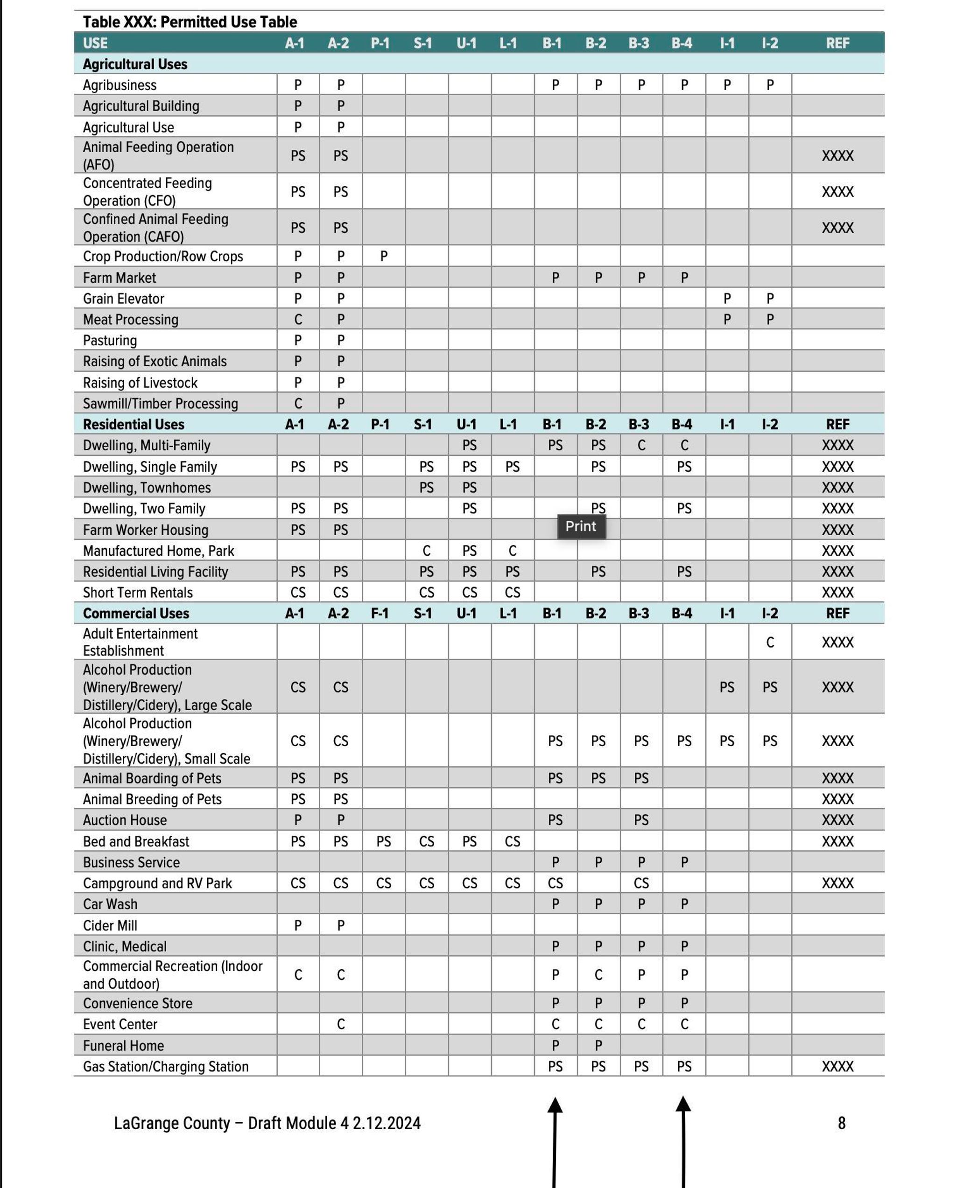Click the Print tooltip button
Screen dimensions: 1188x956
click(x=581, y=526)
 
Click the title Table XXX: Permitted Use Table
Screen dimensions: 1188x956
click(x=190, y=22)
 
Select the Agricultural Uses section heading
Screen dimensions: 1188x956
click(x=135, y=64)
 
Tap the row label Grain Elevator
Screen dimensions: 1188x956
click(x=124, y=299)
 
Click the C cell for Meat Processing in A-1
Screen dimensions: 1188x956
click(x=298, y=320)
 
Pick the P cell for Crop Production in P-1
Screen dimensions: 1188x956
click(x=384, y=256)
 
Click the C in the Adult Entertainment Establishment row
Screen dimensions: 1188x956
click(x=770, y=643)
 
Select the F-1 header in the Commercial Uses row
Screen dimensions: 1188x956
click(x=380, y=613)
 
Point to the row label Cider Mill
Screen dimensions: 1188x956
click(x=110, y=926)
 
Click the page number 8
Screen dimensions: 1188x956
click(x=841, y=1123)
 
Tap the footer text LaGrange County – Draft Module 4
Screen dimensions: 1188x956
click(x=267, y=1123)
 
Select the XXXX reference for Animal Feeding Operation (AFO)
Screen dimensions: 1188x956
click(x=837, y=156)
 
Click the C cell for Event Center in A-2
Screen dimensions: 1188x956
click(x=341, y=1024)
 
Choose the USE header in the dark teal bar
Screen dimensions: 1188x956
click(x=95, y=43)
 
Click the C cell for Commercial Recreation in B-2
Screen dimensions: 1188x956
click(x=598, y=975)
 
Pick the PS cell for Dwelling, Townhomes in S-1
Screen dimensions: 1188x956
click(x=426, y=488)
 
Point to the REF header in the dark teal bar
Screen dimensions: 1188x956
click(x=837, y=43)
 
